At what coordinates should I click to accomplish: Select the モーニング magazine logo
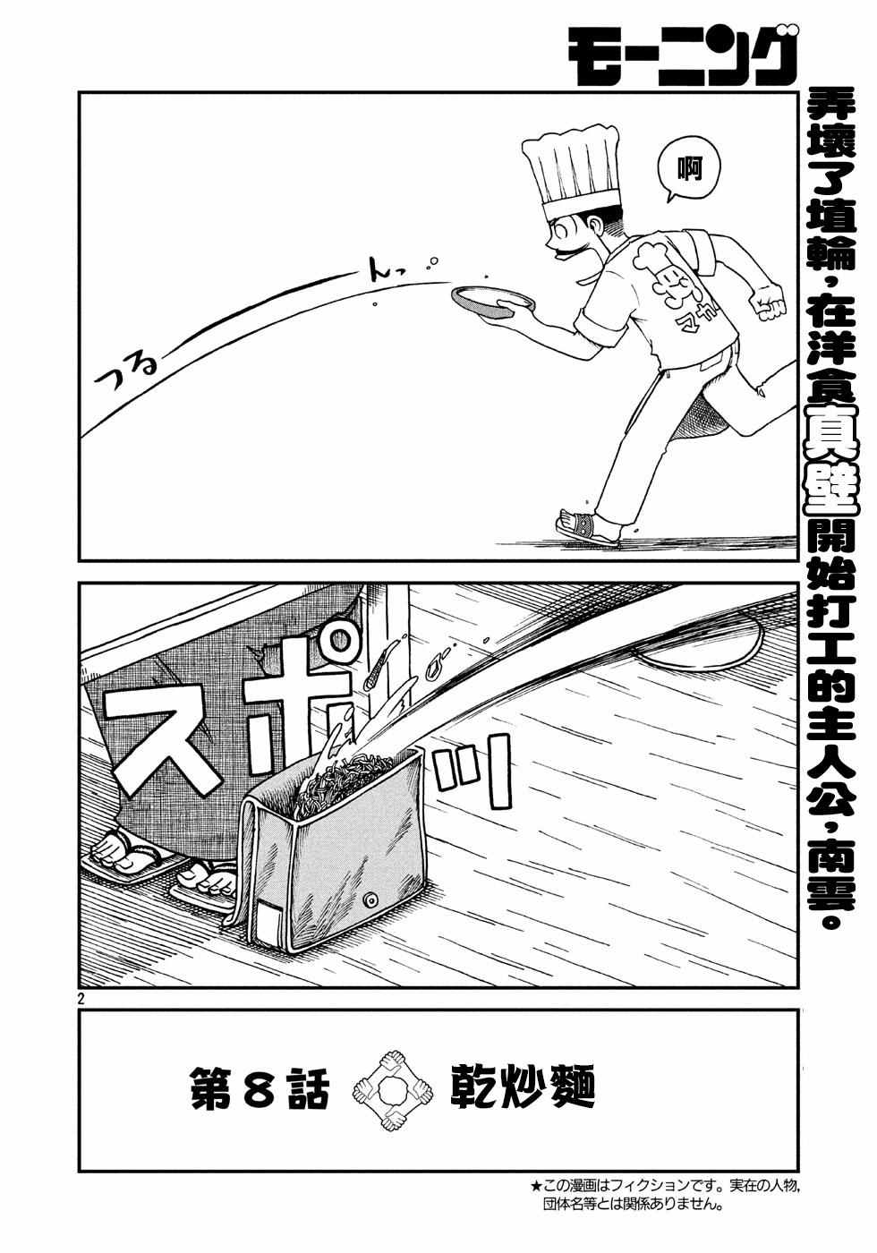pos(681,55)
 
